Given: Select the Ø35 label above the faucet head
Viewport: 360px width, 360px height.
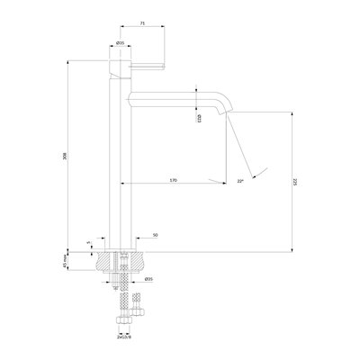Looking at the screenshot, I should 120,43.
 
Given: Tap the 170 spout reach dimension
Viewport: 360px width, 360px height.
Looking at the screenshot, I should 172,181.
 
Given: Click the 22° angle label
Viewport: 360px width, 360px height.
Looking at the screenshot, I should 240,181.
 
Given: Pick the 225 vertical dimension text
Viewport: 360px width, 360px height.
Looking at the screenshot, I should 298,180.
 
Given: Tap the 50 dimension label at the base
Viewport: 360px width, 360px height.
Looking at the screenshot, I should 156,235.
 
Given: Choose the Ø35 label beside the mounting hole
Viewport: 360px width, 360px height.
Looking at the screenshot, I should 148,278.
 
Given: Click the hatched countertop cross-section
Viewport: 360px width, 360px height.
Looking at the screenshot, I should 102,260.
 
